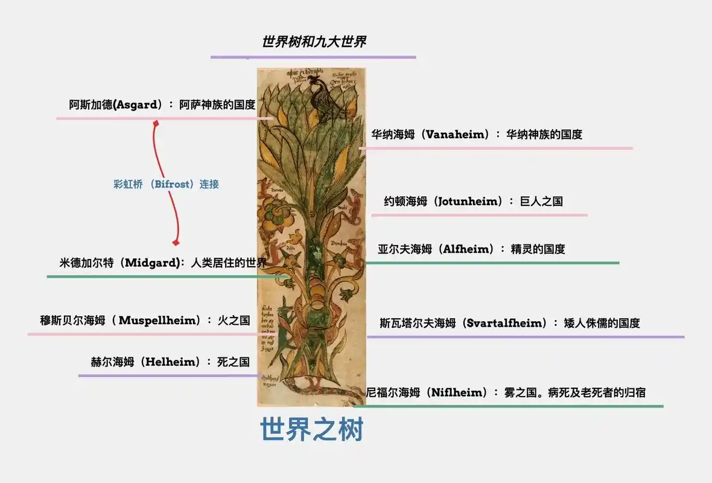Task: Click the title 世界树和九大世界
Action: point(314,42)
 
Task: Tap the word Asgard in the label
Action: point(138,104)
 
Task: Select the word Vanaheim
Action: point(456,134)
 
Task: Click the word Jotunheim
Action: point(468,201)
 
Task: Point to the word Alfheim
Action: point(467,249)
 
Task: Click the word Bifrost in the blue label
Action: point(172,184)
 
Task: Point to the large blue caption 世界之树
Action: point(312,430)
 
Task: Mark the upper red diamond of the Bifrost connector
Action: point(156,123)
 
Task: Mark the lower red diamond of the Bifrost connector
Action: point(176,243)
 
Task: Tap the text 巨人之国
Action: point(541,201)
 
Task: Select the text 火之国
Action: point(234,321)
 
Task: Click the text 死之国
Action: point(233,362)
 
